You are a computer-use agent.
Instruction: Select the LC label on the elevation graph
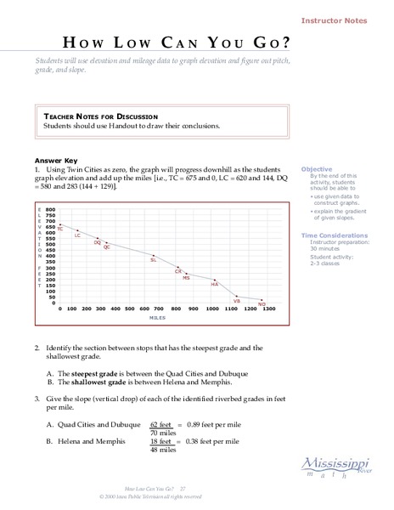[77, 235]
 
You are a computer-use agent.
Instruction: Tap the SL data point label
[154, 260]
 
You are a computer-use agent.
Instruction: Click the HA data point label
[215, 285]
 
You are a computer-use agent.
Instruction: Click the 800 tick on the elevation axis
[50, 208]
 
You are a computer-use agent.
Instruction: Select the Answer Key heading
[56, 160]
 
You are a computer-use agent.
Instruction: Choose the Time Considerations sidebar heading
[335, 234]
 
